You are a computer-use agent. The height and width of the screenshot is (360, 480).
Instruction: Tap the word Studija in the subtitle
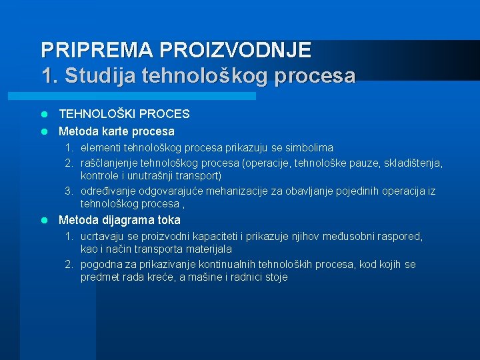point(98,75)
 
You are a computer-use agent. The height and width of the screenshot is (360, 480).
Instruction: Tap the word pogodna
point(101,265)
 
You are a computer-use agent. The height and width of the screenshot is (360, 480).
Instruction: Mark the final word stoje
point(275,277)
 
